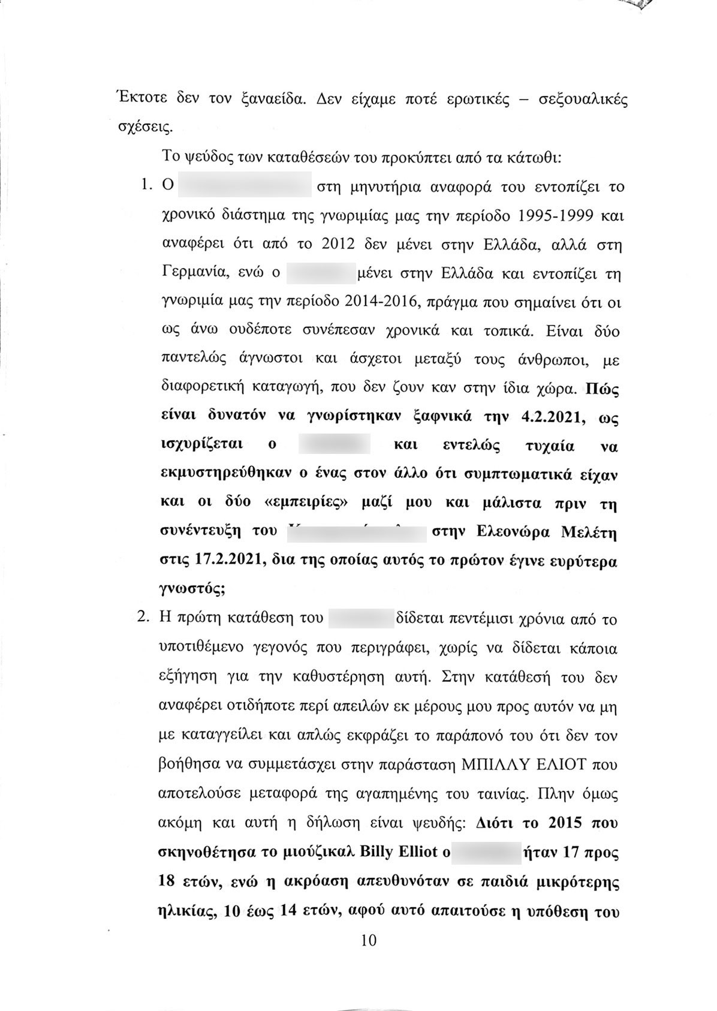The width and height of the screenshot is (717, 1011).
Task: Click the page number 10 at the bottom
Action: [x=369, y=940]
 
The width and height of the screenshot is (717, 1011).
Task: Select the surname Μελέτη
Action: [x=591, y=532]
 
